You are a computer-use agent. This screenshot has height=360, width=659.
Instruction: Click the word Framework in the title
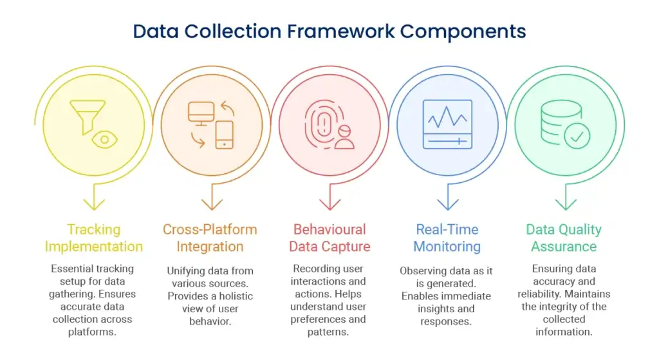(x=341, y=32)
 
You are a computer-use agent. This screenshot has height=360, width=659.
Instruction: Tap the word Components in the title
(x=463, y=32)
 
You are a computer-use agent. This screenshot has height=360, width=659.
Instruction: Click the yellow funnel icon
(x=88, y=117)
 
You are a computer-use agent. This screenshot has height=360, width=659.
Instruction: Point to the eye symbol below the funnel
(x=105, y=140)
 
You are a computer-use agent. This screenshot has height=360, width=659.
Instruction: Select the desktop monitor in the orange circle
(x=201, y=113)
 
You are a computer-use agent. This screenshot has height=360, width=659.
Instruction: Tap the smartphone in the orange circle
(x=225, y=135)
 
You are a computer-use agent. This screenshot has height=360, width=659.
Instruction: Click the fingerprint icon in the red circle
(x=324, y=124)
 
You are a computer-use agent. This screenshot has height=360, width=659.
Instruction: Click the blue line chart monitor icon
(x=448, y=124)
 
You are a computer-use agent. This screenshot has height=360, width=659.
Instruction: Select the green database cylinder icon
(x=561, y=122)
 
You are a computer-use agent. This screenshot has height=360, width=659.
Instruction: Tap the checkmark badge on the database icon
(x=577, y=136)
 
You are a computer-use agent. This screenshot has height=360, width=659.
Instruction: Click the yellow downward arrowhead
(x=94, y=204)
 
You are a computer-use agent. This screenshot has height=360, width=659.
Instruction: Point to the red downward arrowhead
(x=330, y=204)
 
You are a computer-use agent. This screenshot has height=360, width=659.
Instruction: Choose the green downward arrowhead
(x=566, y=204)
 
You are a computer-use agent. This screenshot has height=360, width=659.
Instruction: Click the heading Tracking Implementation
(x=94, y=238)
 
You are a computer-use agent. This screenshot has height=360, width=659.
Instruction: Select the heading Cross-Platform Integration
(x=210, y=238)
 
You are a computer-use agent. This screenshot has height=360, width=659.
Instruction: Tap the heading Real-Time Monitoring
(x=447, y=238)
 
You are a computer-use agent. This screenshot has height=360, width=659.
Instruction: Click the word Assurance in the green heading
(x=564, y=247)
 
